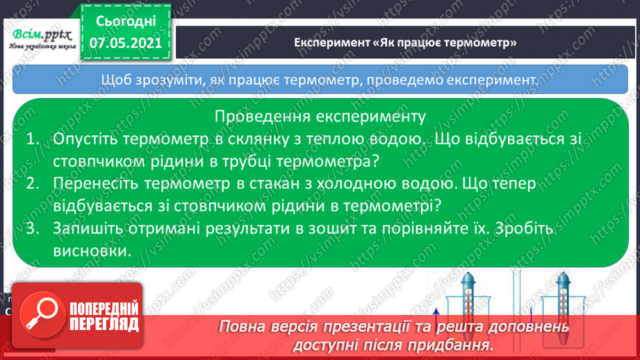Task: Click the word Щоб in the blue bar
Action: click(x=114, y=80)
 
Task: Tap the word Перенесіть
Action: click(x=96, y=184)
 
